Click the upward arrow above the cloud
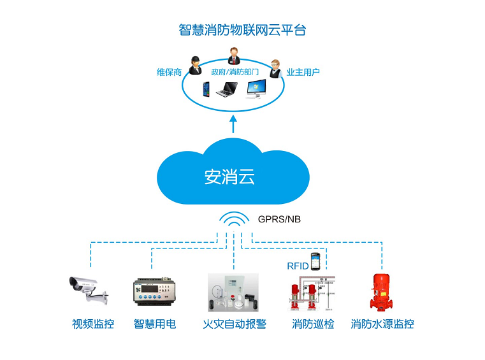coord(234,123)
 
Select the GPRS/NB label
coord(279,219)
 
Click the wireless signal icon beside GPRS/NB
coord(234,220)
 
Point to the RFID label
coord(298,265)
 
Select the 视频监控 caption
coord(93,324)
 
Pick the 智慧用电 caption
coord(155,324)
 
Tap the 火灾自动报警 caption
coord(235,324)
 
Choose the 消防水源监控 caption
coord(382,324)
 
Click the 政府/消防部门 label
coord(235,72)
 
